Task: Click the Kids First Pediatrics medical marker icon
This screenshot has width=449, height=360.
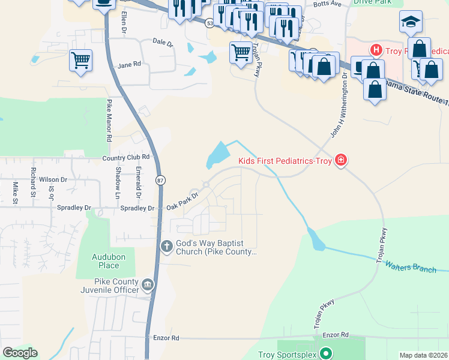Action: (x=341, y=160)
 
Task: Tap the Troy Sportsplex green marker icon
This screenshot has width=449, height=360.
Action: (x=326, y=354)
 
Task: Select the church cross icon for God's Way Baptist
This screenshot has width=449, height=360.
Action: (x=167, y=245)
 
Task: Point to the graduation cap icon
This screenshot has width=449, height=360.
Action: (x=411, y=22)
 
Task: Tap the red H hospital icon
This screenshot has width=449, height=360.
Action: (x=376, y=49)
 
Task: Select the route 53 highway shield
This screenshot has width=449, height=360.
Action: (x=209, y=23)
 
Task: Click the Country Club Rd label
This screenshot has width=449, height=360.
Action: (x=125, y=158)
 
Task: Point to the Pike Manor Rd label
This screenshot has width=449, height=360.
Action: (x=109, y=120)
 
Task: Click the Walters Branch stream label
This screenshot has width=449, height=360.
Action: (x=411, y=266)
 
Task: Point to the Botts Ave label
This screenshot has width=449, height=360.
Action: (x=328, y=3)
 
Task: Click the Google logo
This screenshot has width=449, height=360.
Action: (x=20, y=353)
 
